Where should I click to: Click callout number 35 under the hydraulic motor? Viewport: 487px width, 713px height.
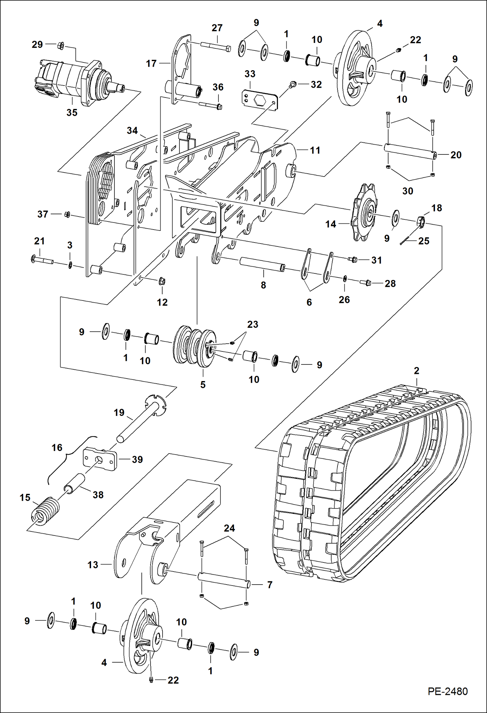click(72, 113)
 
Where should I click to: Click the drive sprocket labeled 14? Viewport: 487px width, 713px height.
click(363, 213)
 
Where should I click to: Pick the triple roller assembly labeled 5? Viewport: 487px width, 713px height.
click(194, 346)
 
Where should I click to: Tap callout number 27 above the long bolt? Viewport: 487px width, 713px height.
click(217, 28)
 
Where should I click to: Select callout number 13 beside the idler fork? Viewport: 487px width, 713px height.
click(93, 565)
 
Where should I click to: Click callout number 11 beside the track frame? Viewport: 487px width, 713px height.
click(315, 151)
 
